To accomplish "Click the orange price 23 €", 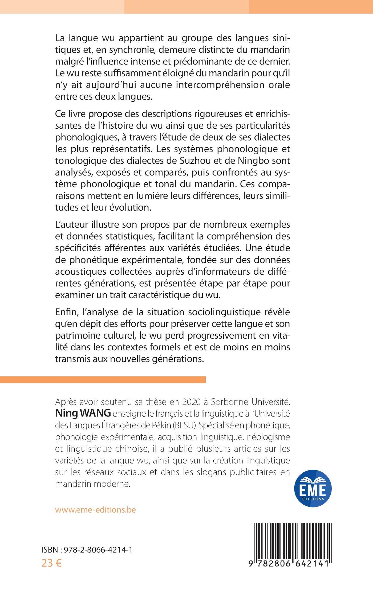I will click(x=51, y=563).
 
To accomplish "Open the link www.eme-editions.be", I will click(x=95, y=510).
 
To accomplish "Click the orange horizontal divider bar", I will click(x=103, y=379).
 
